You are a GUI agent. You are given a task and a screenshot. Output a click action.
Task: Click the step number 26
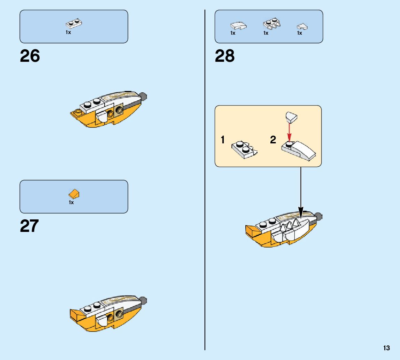click(30, 56)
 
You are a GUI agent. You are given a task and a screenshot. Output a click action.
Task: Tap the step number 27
click(30, 226)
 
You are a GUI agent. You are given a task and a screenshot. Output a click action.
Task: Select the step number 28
click(225, 56)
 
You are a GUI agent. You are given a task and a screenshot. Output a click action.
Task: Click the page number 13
click(386, 348)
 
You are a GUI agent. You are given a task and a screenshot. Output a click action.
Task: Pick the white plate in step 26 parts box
click(74, 24)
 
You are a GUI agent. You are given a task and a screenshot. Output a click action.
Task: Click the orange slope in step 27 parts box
click(74, 194)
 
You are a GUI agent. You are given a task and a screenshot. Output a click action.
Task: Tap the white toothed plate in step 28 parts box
click(272, 24)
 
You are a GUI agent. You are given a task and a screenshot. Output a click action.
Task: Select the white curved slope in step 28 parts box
click(238, 26)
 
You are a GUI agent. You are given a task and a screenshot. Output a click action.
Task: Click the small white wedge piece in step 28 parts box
click(302, 26)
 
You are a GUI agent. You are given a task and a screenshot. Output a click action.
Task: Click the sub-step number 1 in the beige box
click(222, 140)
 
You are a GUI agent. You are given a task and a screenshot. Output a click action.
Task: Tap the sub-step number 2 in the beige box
click(273, 140)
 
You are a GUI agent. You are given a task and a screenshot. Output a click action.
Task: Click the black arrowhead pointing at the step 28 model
click(301, 211)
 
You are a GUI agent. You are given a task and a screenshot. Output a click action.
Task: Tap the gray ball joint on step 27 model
click(144, 300)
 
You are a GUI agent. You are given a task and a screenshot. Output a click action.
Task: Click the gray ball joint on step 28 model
click(319, 217)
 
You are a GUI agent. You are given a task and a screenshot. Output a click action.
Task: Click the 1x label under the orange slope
click(71, 202)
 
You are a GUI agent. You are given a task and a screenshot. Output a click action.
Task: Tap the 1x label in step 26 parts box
click(68, 32)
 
